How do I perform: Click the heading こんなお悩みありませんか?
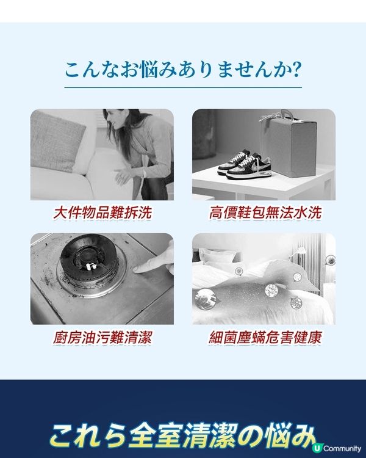(x=182, y=68)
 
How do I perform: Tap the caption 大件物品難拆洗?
(x=102, y=213)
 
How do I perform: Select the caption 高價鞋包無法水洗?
(x=264, y=213)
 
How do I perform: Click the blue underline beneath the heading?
(x=182, y=88)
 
